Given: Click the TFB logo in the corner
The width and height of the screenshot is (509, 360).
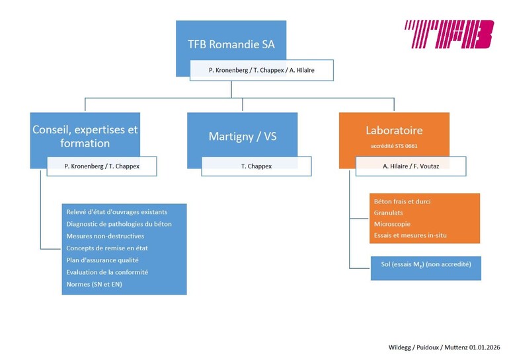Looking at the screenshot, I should (449, 34).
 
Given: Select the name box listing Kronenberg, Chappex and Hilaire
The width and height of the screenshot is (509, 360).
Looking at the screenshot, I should (261, 70).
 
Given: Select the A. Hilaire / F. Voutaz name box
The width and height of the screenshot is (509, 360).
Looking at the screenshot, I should (411, 166).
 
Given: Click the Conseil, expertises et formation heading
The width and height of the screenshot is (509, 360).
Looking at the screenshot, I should (85, 136).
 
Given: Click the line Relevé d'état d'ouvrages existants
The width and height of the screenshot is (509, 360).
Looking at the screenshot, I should (117, 212).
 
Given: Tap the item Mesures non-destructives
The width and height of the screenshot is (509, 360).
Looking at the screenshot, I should (105, 236).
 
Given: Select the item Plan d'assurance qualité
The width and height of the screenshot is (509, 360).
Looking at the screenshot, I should (102, 260).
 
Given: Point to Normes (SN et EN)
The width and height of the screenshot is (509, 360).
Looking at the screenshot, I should (94, 284).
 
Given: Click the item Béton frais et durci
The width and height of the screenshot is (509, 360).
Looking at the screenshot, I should (401, 201).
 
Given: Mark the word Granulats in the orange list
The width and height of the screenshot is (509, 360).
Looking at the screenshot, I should (389, 213).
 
